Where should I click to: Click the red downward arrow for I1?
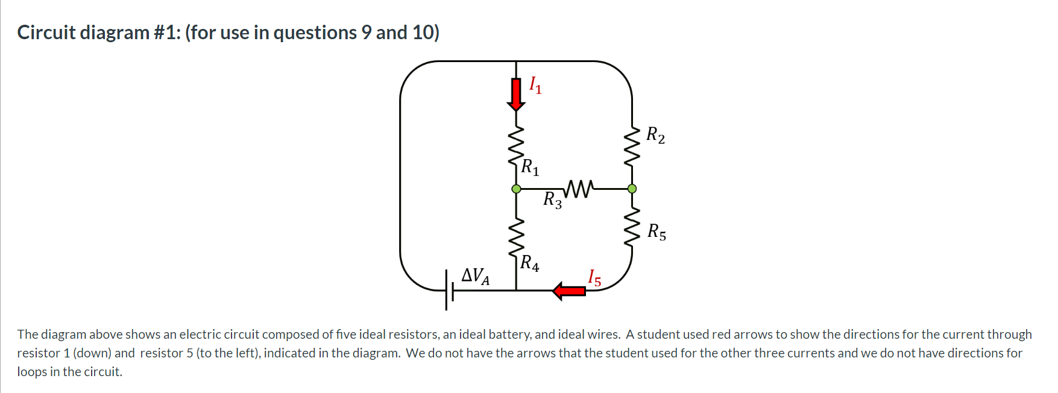pos(515,94)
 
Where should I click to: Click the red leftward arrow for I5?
pos(569,291)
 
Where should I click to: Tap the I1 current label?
pos(535,86)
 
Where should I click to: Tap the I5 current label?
pos(594,278)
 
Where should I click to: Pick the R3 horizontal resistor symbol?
pos(579,188)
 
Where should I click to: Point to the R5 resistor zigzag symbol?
pos(632,227)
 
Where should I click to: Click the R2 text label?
pos(656,135)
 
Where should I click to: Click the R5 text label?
pos(657,232)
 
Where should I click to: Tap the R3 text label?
pos(552,200)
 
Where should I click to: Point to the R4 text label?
pos(530,263)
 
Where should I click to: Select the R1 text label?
pos(530,167)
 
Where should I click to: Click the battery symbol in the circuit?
pos(449,291)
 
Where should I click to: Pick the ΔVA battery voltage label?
pos(475,276)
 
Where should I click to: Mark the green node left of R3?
pos(516,189)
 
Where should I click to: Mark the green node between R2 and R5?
pos(632,189)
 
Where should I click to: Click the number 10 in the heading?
pos(423,33)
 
